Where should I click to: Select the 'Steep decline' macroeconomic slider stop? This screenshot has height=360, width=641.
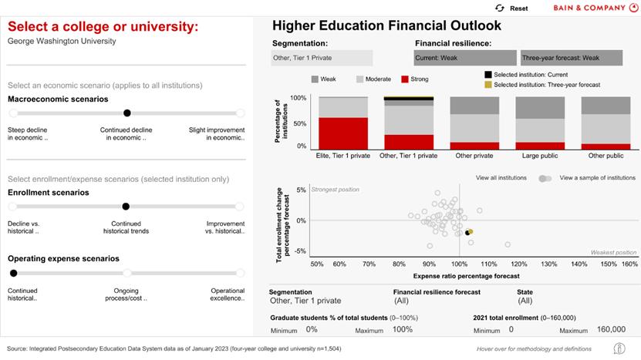[x=12, y=113]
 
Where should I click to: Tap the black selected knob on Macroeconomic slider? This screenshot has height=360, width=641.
[x=127, y=113]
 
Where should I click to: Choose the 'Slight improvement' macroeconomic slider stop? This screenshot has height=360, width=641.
[x=240, y=113]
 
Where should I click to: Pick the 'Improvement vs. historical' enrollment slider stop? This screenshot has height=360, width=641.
[x=240, y=207]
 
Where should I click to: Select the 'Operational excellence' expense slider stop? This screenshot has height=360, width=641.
[x=240, y=273]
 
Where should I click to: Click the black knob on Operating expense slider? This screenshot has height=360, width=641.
[x=13, y=273]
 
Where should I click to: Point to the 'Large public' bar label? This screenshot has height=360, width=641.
[x=540, y=156]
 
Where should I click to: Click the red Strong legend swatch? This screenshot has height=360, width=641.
[x=406, y=79]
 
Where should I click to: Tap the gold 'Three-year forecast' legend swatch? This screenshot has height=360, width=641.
[x=488, y=85]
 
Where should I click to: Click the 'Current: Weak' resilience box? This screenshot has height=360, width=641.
[x=465, y=58]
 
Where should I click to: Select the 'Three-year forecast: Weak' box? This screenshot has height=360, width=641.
[x=571, y=58]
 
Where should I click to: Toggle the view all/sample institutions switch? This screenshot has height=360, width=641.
[x=545, y=178]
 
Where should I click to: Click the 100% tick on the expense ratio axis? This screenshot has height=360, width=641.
[x=460, y=264]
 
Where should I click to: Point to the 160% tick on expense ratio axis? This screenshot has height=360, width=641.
[x=629, y=264]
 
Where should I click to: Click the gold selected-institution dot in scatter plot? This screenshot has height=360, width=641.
[x=470, y=231]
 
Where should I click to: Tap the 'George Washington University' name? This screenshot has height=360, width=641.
[x=62, y=41]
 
